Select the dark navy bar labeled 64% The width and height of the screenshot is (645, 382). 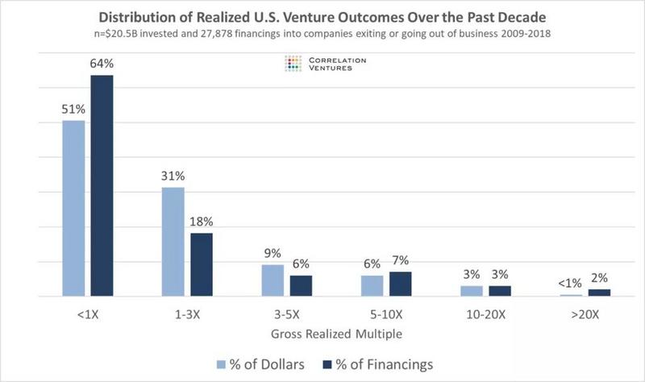[x=101, y=185]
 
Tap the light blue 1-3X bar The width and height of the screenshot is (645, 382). [x=173, y=242]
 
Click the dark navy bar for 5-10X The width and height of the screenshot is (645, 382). [x=400, y=284]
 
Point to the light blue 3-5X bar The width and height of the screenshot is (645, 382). [x=273, y=280]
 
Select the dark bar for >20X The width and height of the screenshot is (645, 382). [x=599, y=293]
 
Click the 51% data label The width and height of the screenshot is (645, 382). [x=73, y=110]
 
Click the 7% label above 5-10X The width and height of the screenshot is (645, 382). [x=401, y=260]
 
